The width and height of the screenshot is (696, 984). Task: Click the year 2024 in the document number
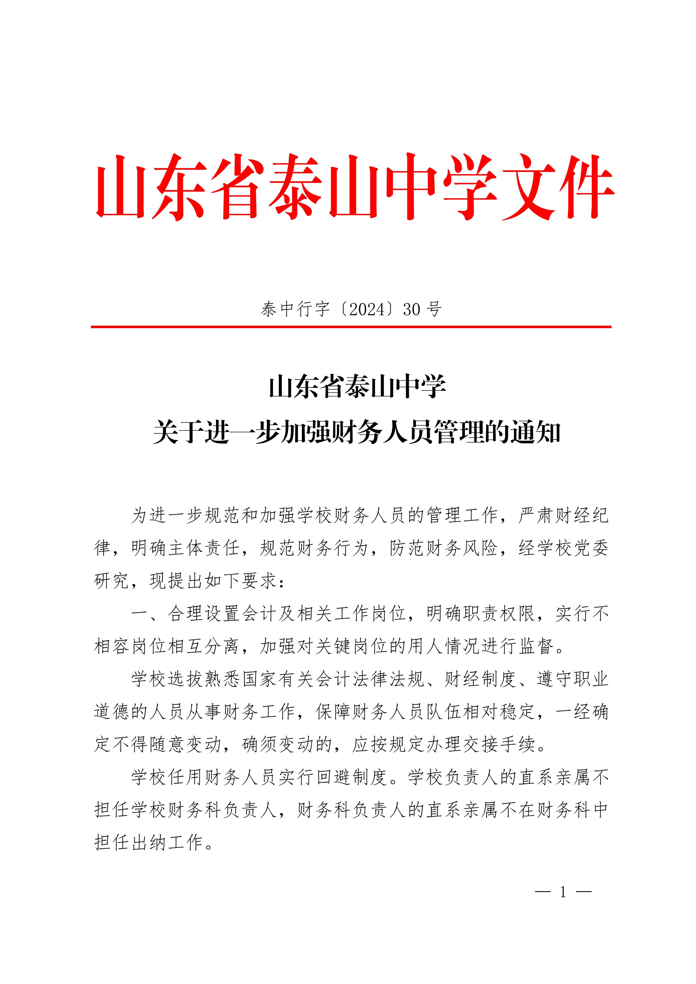pos(368,309)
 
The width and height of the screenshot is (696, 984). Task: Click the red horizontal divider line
pos(351,327)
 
